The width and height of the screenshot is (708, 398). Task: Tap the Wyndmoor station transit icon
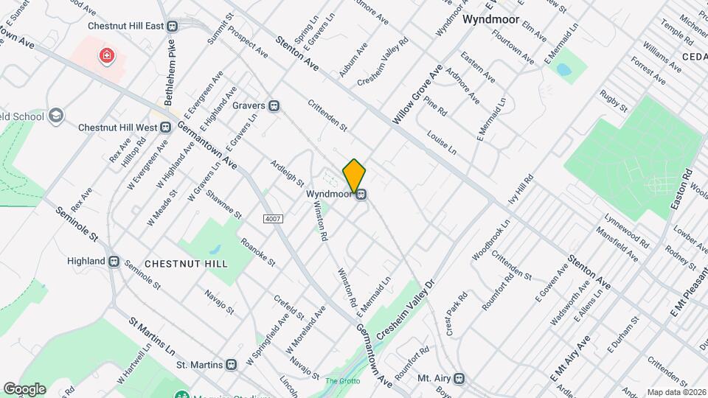click(x=361, y=195)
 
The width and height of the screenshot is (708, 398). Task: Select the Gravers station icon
click(x=274, y=106)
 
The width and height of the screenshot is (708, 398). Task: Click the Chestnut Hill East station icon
click(x=173, y=26)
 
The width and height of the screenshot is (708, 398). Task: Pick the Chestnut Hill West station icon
click(x=166, y=127)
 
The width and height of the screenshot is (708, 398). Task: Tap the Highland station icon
click(x=114, y=261)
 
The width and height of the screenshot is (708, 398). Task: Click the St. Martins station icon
click(x=232, y=364)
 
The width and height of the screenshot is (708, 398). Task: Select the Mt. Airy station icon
click(x=460, y=379)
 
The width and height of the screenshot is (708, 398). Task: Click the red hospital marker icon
click(x=107, y=55)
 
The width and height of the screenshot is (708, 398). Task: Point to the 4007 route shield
click(x=273, y=219)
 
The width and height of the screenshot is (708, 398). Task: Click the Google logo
click(x=24, y=388)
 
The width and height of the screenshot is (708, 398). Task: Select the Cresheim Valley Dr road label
click(x=407, y=310)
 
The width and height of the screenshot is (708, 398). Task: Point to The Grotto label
click(x=341, y=381)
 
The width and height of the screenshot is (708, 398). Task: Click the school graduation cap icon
click(x=57, y=116)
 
